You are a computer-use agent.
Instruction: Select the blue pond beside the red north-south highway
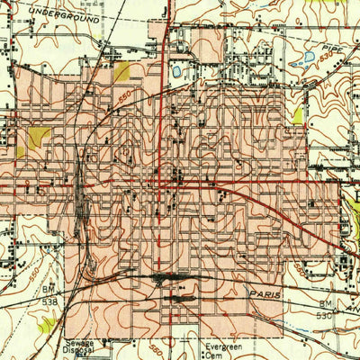(176, 68)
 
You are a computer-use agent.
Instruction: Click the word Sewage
(78, 343)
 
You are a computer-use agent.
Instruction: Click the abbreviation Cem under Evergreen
(212, 354)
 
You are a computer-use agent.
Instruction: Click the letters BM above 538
(49, 289)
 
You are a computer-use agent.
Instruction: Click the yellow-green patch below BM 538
(47, 319)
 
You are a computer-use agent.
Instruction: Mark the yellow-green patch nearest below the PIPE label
(299, 114)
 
